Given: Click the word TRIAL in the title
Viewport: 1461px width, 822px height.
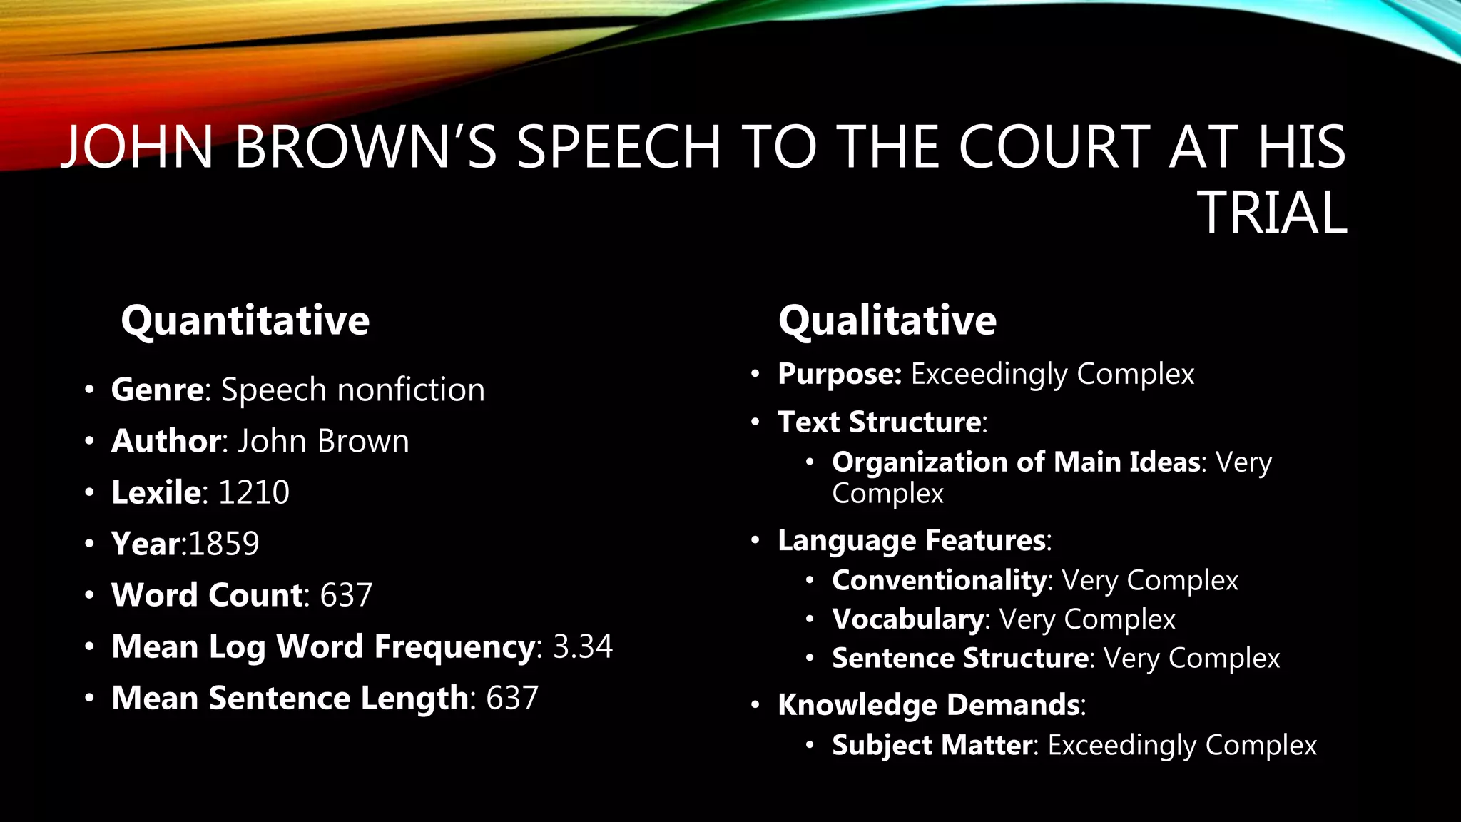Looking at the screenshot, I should (1272, 213).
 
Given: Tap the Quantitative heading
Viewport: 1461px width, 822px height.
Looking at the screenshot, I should (245, 320).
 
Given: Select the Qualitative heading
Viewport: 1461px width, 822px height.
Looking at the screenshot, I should (887, 320).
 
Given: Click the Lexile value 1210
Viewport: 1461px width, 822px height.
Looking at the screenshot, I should (253, 492).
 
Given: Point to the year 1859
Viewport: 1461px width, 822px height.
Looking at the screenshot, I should (224, 544).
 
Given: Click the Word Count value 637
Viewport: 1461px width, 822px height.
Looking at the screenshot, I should (346, 595).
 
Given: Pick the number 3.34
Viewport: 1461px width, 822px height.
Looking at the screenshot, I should (583, 646).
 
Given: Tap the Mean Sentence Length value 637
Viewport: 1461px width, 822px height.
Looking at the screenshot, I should (512, 698).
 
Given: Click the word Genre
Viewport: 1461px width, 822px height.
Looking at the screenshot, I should (158, 390).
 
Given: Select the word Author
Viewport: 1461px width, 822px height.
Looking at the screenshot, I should (166, 441).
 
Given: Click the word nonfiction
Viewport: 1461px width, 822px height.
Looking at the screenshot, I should (411, 390).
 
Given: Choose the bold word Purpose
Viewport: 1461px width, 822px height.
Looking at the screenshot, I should (839, 374).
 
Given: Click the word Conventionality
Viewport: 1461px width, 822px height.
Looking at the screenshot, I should (939, 580).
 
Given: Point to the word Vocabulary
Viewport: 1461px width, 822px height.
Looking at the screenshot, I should (907, 619).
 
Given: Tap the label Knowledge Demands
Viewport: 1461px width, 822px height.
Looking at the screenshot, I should (929, 705).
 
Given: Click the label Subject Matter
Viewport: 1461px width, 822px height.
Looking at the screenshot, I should (932, 745).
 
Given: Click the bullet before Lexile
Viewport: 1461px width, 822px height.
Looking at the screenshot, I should (88, 492).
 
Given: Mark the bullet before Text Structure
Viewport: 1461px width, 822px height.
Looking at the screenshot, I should (755, 422).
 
